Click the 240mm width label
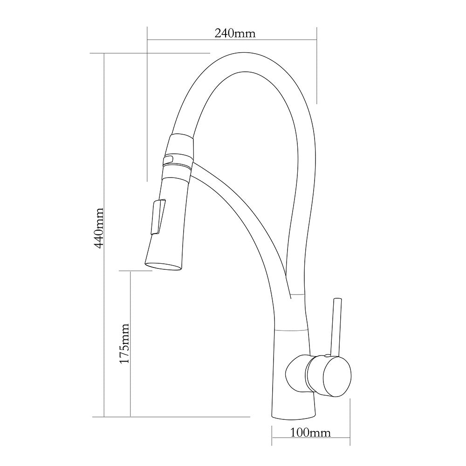tap(235, 33)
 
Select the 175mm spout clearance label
tap(124, 344)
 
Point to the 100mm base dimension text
tap(310, 433)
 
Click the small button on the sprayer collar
tap(167, 160)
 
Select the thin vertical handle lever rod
tap(336, 326)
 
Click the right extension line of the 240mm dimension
tap(317, 65)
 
